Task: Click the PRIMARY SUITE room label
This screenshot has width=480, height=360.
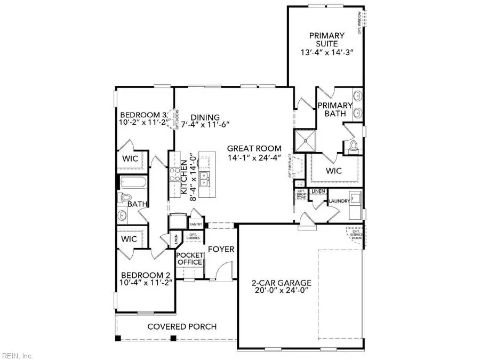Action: (326, 36)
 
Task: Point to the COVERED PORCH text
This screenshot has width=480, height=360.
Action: (178, 326)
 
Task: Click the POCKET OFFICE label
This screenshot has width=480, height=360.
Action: (189, 259)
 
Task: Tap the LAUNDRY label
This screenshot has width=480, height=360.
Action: (339, 201)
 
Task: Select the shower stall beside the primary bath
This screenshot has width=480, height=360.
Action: (303, 141)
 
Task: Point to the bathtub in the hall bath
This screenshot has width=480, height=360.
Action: (132, 183)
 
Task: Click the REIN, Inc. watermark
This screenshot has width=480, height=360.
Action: (18, 355)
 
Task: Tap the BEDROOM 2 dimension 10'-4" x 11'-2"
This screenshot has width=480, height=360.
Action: (146, 283)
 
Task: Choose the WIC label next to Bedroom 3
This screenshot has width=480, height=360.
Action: (131, 158)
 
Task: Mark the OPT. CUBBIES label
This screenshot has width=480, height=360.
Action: (192, 236)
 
